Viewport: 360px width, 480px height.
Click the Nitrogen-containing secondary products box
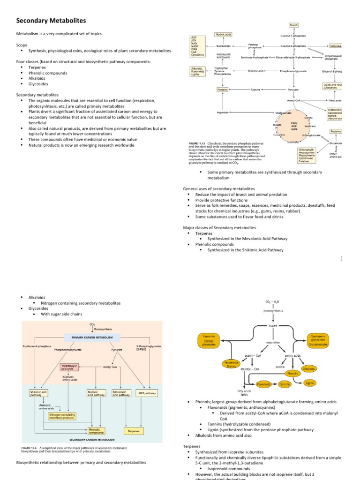[62, 415]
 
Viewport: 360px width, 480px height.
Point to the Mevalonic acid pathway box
[121, 393]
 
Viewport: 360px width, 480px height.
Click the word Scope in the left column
[22, 45]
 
